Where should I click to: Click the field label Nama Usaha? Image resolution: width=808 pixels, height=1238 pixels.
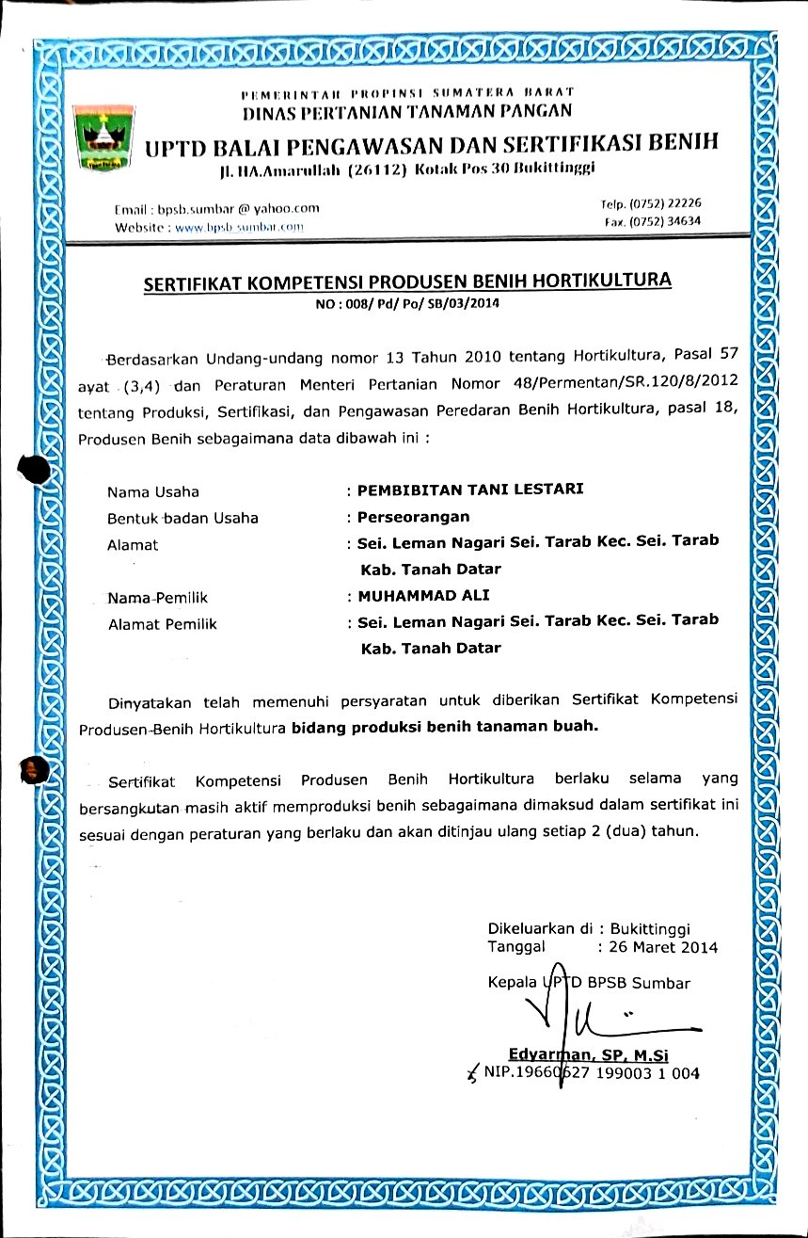(x=153, y=491)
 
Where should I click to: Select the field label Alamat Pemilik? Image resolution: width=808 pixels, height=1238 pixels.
(x=163, y=623)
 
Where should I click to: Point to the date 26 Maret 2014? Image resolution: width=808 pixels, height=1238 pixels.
(x=663, y=947)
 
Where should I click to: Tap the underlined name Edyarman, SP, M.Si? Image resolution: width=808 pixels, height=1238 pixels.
(x=588, y=1054)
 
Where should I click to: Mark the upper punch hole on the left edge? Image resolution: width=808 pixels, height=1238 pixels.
(x=34, y=469)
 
